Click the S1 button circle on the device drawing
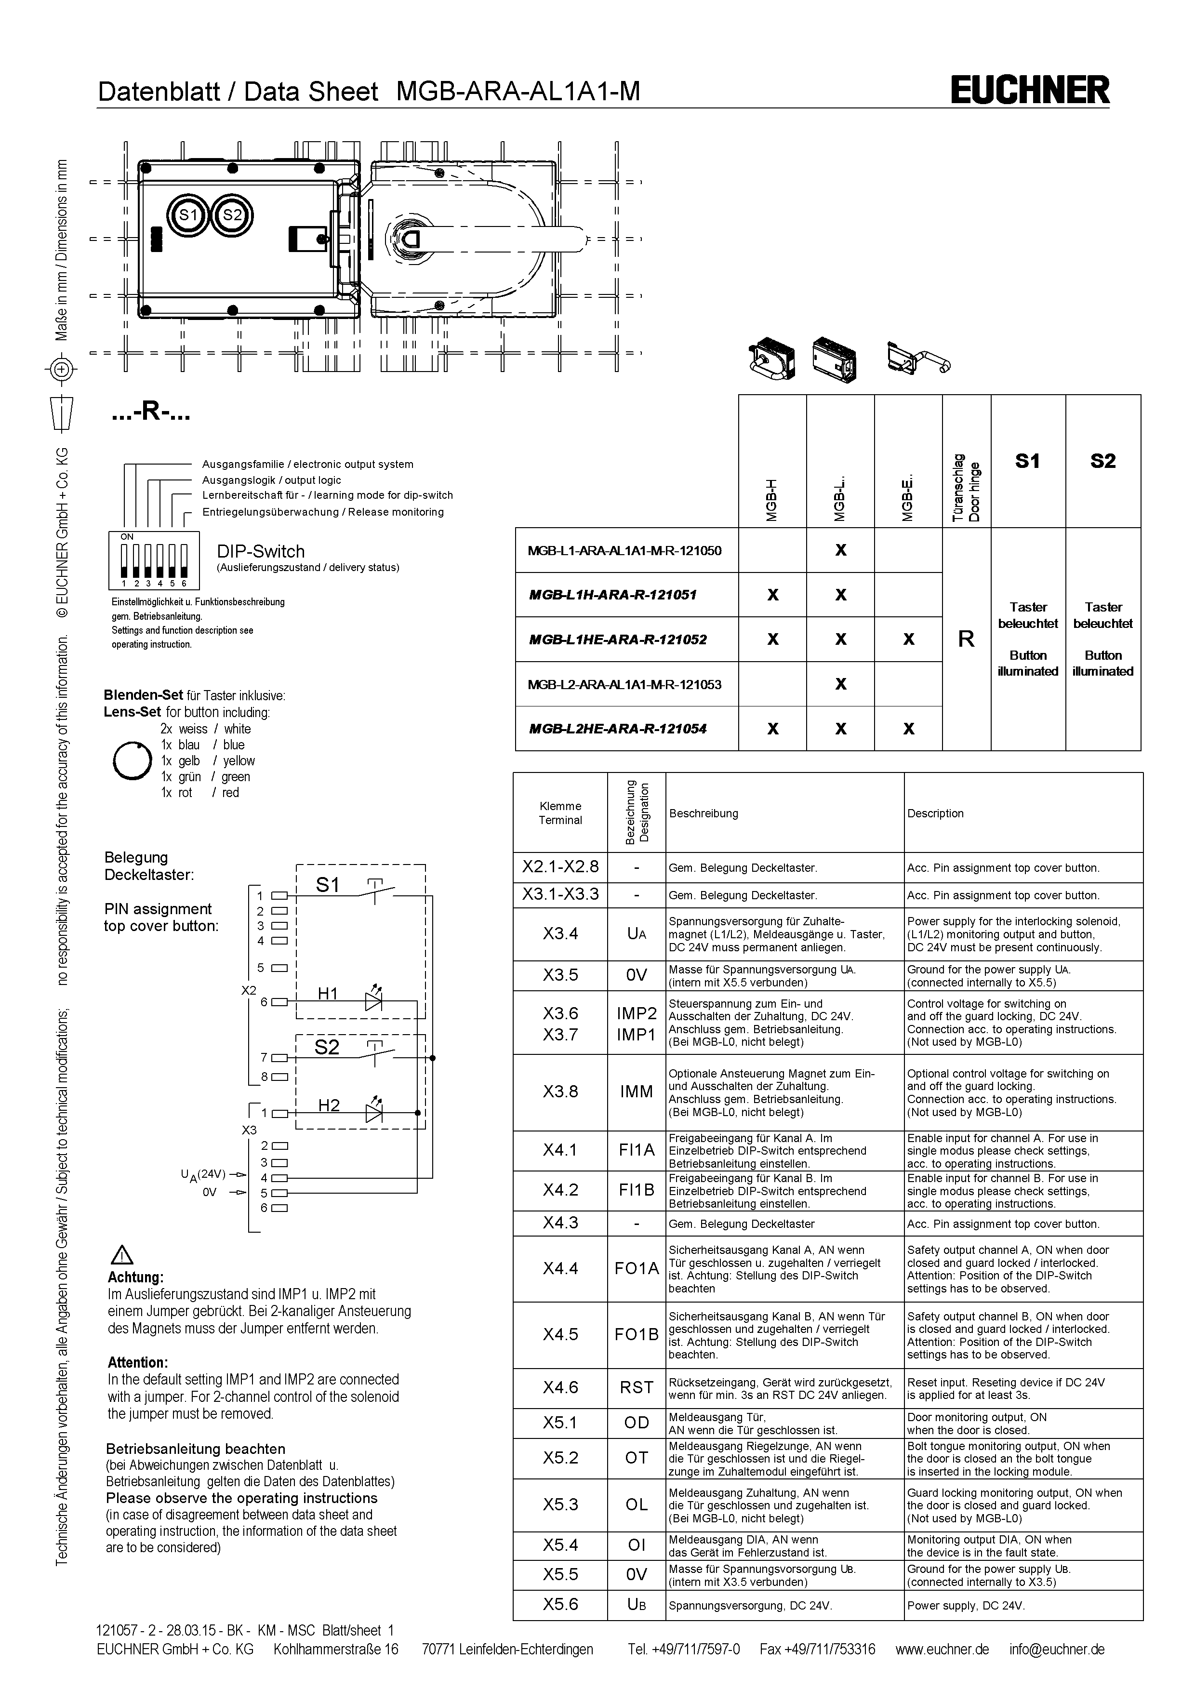pyautogui.click(x=189, y=215)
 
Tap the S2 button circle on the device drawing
pyautogui.click(x=233, y=215)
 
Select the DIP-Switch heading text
pyautogui.click(x=261, y=551)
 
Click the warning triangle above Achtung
pyautogui.click(x=121, y=1255)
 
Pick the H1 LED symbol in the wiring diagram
pyautogui.click(x=374, y=1001)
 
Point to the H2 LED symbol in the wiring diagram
pyautogui.click(x=374, y=1113)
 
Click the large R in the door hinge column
pyautogui.click(x=966, y=639)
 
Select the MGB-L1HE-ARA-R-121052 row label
pyautogui.click(x=618, y=639)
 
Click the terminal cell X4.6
pyautogui.click(x=561, y=1387)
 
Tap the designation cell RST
pyautogui.click(x=637, y=1387)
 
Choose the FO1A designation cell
pyautogui.click(x=637, y=1268)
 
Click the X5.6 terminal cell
pyautogui.click(x=561, y=1604)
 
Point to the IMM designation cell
pyautogui.click(x=637, y=1091)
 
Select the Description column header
pyautogui.click(x=935, y=813)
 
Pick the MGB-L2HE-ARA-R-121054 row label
pyautogui.click(x=618, y=729)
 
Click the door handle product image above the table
pyautogui.click(x=919, y=359)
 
